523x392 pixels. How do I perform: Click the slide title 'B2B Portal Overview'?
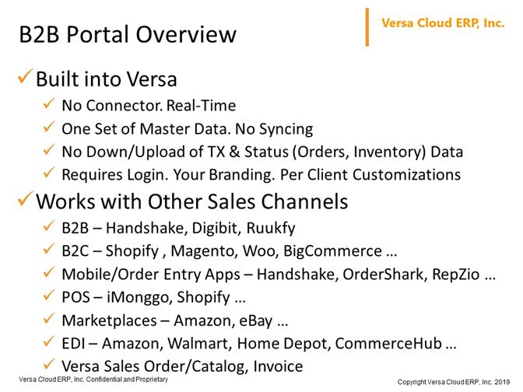(x=128, y=35)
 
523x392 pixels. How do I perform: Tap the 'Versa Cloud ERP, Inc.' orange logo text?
(x=443, y=23)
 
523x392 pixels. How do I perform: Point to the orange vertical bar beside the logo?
(x=367, y=27)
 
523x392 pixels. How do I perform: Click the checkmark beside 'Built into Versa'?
(x=26, y=76)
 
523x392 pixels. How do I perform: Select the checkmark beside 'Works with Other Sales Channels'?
(x=26, y=198)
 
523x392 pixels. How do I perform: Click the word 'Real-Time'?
(x=201, y=106)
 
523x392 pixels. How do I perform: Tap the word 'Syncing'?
(x=286, y=129)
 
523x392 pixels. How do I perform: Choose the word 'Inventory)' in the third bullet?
(x=390, y=152)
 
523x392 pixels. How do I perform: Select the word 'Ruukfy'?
(x=271, y=229)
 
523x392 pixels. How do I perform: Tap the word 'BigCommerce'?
(x=332, y=251)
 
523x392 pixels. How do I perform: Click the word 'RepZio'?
(x=455, y=275)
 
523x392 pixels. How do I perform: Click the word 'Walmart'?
(x=199, y=344)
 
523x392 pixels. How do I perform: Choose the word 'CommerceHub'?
(x=388, y=344)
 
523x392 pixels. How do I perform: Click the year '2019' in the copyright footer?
(x=502, y=382)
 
